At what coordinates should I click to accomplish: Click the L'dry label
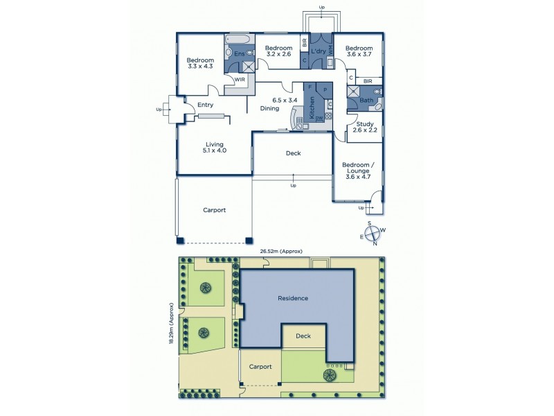point(319,52)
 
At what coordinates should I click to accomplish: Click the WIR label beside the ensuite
point(240,79)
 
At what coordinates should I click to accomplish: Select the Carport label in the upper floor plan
point(214,209)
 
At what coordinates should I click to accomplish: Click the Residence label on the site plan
point(292,298)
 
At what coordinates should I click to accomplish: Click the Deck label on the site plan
point(303,336)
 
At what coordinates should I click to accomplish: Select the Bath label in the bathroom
point(366,101)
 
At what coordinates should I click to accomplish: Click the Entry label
point(205,105)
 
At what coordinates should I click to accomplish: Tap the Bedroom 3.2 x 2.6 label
point(278,51)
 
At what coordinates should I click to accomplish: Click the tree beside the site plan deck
point(329,375)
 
